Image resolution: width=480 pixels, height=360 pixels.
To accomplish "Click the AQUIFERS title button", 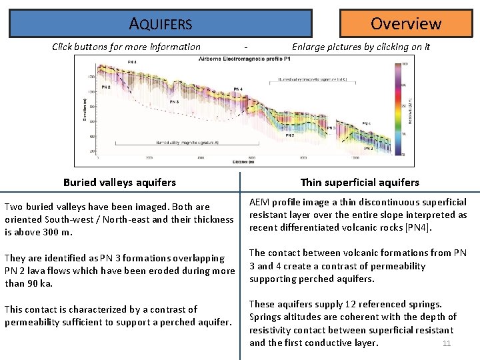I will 161,23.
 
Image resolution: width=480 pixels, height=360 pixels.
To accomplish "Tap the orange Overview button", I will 405,23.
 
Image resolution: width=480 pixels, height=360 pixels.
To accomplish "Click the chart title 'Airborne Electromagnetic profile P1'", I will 245,60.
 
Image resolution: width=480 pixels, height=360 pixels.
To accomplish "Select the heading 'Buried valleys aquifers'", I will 119,182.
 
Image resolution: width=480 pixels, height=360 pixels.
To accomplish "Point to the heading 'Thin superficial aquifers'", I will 359,182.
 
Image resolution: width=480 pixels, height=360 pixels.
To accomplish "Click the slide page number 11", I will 447,344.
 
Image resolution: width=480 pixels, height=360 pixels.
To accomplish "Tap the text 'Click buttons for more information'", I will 126,47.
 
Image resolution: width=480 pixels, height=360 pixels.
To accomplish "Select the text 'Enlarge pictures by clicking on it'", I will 361,47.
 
